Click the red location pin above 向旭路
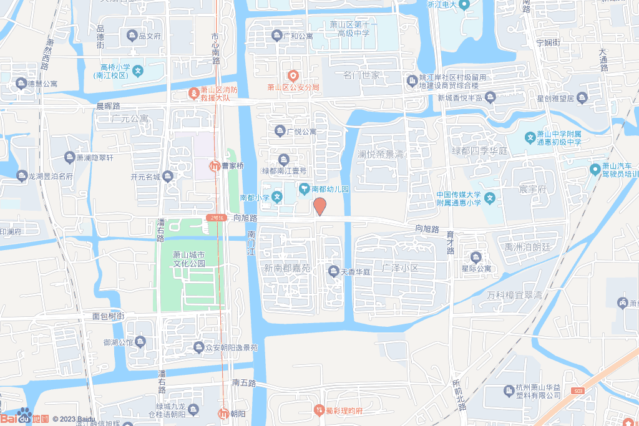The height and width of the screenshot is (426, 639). (319, 206)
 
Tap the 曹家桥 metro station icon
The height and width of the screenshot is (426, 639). (214, 166)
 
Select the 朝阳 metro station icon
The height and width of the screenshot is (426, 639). (223, 414)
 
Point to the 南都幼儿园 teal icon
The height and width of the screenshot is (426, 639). (304, 188)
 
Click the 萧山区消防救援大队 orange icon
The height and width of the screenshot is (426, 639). (194, 94)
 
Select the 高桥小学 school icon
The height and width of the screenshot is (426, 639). (138, 71)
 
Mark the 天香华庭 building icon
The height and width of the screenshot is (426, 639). (333, 271)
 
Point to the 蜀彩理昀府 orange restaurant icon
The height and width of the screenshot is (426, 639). (319, 410)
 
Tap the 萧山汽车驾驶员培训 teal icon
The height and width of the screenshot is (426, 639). (595, 170)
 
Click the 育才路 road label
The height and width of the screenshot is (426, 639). (450, 243)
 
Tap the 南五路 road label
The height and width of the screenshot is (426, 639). (244, 382)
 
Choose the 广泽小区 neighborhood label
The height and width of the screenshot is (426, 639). (400, 268)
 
